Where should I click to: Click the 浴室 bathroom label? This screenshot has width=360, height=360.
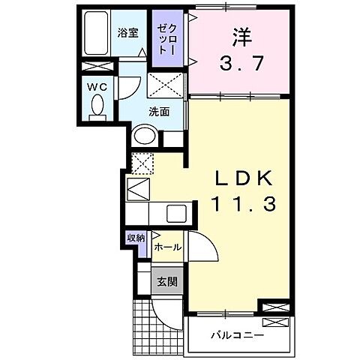pos(127,33)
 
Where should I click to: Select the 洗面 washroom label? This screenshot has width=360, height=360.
pos(157,111)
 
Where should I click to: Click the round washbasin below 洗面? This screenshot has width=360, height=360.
pos(144,136)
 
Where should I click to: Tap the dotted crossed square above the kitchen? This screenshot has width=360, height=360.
pos(142,162)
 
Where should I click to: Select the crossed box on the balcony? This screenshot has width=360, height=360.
pos(274,323)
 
